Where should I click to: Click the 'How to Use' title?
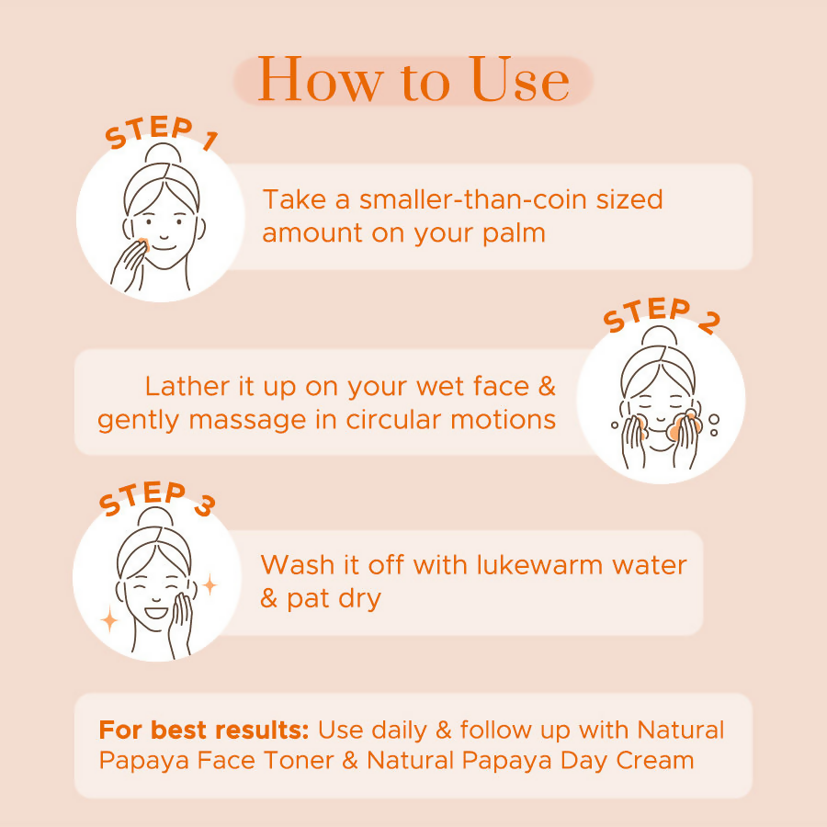pyautogui.click(x=413, y=81)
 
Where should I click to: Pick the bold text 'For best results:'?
pyautogui.click(x=204, y=731)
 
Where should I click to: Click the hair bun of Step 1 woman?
pyautogui.click(x=162, y=153)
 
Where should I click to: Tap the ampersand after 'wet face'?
pyautogui.click(x=547, y=386)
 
